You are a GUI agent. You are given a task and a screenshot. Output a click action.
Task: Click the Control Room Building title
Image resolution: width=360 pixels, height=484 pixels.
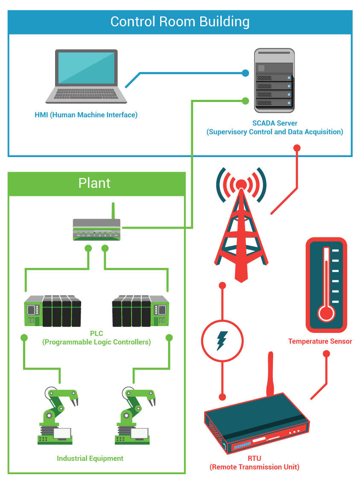(x=180, y=22)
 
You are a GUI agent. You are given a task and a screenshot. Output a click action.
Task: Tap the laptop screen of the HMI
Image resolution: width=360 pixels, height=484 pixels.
(x=87, y=67)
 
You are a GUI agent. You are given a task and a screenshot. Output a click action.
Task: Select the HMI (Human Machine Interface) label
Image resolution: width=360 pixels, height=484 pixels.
(x=86, y=115)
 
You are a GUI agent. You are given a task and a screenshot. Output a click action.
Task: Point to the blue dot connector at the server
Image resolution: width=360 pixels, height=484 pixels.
(x=245, y=73)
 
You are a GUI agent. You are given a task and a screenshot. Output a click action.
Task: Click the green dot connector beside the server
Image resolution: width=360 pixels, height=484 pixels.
(x=245, y=101)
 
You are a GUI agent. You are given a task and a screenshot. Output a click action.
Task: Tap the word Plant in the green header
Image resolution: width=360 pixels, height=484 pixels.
(x=94, y=183)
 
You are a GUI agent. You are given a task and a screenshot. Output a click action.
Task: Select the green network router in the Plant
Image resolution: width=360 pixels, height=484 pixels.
(x=97, y=230)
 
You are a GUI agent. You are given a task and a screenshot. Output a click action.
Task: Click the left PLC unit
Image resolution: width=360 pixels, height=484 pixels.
(x=53, y=311)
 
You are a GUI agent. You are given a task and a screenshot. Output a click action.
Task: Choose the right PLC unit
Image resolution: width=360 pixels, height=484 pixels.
(x=140, y=311)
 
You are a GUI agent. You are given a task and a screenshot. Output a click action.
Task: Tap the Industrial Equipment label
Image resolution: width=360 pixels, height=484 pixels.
(x=90, y=458)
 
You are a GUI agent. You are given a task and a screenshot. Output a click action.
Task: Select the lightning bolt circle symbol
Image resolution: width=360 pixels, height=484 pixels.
(x=222, y=341)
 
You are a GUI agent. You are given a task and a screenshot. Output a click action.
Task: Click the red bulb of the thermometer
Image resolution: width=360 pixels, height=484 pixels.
(x=327, y=315)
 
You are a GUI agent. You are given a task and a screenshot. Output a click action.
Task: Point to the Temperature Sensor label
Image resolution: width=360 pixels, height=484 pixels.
(x=320, y=341)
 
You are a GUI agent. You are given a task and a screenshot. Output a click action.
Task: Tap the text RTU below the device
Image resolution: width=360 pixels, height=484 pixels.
(x=255, y=459)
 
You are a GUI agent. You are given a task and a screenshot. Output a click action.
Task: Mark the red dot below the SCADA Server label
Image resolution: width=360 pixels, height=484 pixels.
(x=297, y=148)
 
